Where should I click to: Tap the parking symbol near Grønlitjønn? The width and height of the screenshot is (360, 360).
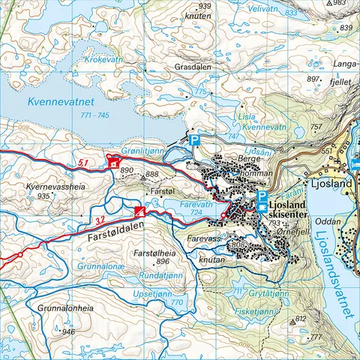tap(194, 141)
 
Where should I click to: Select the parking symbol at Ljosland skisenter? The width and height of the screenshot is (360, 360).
tap(261, 196)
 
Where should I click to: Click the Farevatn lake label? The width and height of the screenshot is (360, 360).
tap(197, 203)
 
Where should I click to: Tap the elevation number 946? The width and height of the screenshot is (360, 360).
tap(69, 331)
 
